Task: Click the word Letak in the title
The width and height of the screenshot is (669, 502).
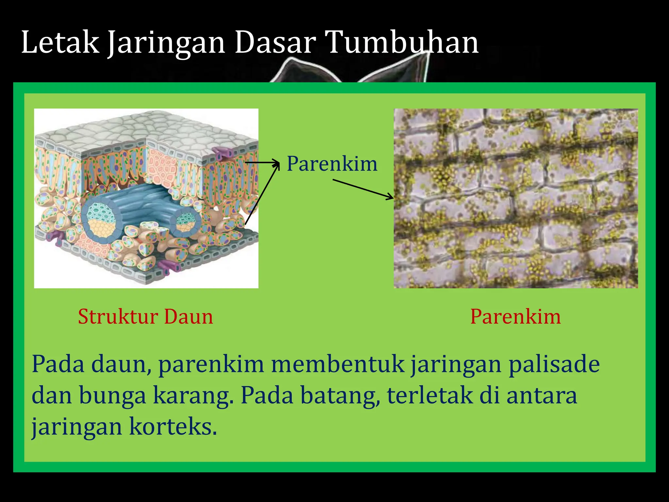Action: point(60,42)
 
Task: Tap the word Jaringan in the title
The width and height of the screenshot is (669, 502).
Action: point(166,43)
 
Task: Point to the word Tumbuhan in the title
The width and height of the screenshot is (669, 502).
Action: point(402,42)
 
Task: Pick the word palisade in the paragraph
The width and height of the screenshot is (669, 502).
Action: point(554,364)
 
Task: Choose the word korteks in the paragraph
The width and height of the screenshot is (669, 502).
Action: point(173,427)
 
